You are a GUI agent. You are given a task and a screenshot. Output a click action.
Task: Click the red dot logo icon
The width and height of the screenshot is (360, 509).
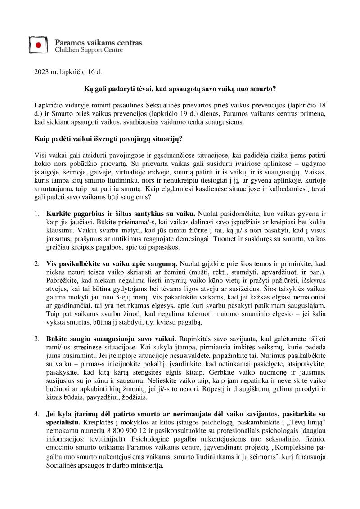(39, 45)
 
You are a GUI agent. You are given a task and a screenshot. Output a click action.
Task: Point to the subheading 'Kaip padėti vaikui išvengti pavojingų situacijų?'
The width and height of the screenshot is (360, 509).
(108, 138)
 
